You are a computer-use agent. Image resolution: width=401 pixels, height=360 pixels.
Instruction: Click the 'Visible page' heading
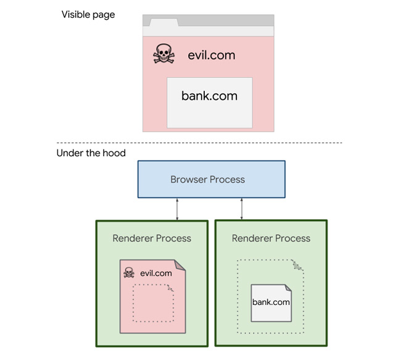click(x=88, y=15)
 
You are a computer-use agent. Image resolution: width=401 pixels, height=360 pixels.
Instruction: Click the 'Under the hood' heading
click(x=91, y=153)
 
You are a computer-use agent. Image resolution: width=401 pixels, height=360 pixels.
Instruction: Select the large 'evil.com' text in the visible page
click(x=212, y=55)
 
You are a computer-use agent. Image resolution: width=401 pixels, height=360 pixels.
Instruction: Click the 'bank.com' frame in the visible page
click(x=209, y=103)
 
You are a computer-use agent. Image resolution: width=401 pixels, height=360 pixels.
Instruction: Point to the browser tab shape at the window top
click(x=161, y=22)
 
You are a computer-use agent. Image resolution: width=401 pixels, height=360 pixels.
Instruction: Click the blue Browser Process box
click(x=211, y=180)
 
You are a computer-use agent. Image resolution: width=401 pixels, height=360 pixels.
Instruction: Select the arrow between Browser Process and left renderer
click(x=178, y=209)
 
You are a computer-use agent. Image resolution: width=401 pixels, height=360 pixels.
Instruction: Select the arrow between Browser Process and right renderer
click(x=241, y=209)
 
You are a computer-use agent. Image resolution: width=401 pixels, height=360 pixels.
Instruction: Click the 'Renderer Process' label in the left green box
click(x=152, y=238)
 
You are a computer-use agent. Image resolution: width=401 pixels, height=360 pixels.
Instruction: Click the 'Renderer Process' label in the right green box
click(x=271, y=238)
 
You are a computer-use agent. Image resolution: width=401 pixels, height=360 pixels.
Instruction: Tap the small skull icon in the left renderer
click(x=129, y=272)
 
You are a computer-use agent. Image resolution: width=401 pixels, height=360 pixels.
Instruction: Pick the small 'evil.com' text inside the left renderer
click(x=156, y=273)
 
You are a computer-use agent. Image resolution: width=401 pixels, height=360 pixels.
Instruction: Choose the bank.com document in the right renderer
click(x=271, y=303)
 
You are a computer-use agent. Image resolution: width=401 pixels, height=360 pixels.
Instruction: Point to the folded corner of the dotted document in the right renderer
click(x=297, y=266)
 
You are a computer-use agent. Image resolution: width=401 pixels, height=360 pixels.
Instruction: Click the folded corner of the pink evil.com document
click(x=180, y=265)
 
